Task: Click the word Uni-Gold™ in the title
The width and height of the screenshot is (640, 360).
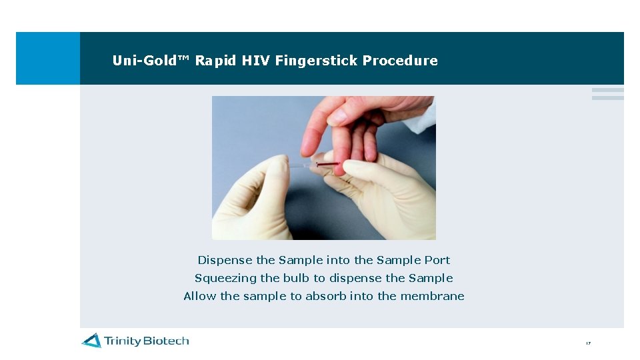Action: click(x=151, y=61)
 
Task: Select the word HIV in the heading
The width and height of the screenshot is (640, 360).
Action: click(x=256, y=61)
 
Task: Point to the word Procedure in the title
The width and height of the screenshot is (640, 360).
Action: click(x=400, y=61)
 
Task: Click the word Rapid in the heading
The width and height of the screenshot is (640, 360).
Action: click(x=216, y=61)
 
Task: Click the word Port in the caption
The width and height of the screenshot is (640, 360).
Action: click(x=438, y=260)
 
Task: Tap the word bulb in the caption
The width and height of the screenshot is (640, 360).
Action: click(x=295, y=278)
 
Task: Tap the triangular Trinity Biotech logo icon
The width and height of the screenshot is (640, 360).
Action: click(x=91, y=341)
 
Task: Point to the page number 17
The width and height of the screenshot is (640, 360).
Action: click(x=588, y=343)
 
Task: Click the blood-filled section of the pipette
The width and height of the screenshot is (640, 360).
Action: click(x=327, y=163)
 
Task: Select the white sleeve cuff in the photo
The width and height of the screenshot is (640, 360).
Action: click(x=427, y=113)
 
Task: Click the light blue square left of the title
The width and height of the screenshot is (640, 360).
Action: click(x=47, y=58)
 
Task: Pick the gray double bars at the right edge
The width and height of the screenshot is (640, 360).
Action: click(x=607, y=94)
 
